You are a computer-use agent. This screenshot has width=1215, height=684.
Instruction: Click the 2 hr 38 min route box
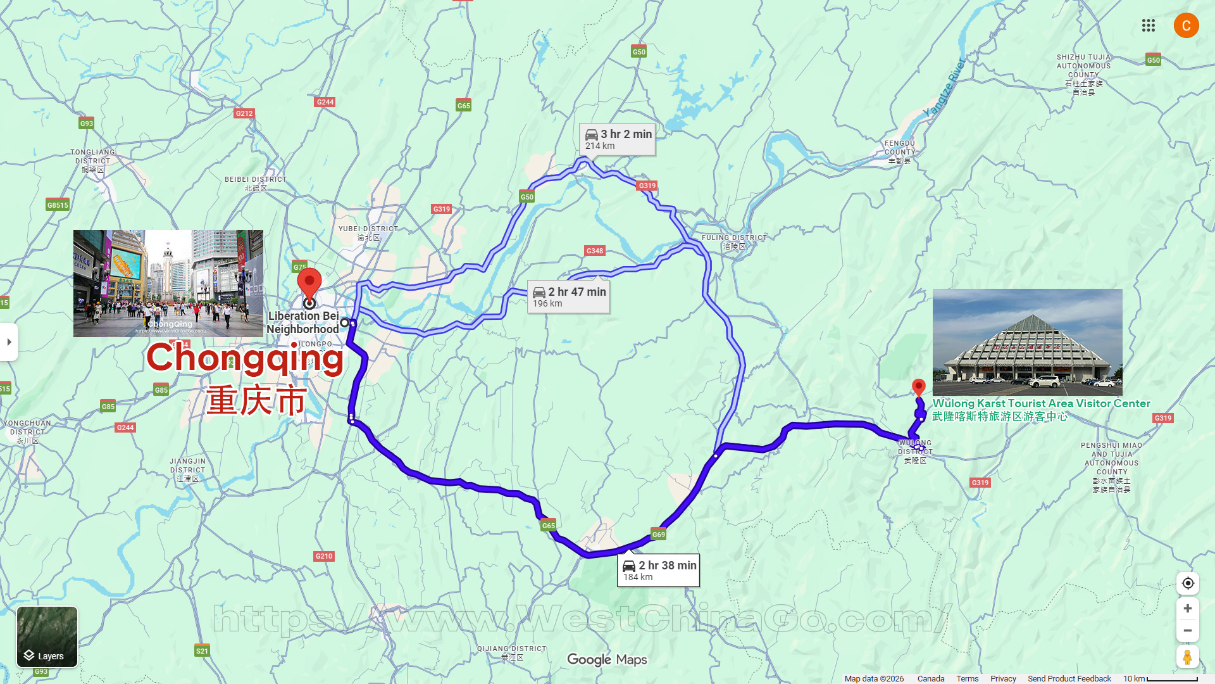[x=659, y=570]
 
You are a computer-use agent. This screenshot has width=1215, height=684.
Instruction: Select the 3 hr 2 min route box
[x=618, y=139]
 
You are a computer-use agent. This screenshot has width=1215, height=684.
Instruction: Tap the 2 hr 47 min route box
[x=569, y=297]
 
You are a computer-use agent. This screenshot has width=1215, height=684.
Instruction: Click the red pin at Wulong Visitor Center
[x=918, y=386]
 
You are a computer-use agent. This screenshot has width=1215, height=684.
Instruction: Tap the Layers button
[x=47, y=636]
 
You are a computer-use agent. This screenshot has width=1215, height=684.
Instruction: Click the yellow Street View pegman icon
[x=1187, y=657]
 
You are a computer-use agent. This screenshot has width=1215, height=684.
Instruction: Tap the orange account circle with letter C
[x=1186, y=25]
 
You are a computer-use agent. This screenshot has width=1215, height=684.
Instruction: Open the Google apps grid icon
[x=1148, y=25]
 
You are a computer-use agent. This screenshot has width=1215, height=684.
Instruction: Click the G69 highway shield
[x=658, y=535]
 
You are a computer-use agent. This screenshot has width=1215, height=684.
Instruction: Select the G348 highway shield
[x=594, y=251]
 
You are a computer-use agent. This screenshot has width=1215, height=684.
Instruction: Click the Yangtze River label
[x=944, y=87]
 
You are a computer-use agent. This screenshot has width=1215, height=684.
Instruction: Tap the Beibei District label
[x=256, y=183]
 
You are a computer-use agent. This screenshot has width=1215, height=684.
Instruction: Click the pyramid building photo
[x=1027, y=342]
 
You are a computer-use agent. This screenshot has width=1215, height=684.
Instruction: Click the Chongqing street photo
[x=168, y=282]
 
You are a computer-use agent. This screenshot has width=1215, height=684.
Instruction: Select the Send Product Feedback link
[x=1069, y=678]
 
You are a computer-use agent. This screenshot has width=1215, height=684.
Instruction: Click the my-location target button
[x=1187, y=583]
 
